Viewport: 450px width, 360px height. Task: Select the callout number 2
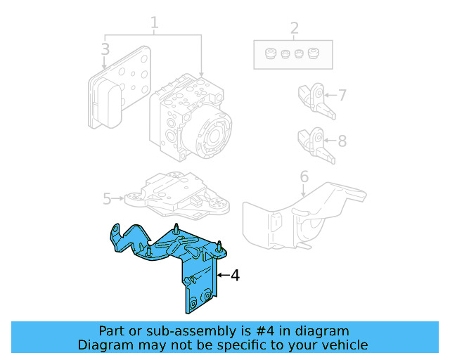point(294,29)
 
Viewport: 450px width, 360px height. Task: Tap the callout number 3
point(105,49)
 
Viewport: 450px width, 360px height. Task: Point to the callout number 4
point(235,276)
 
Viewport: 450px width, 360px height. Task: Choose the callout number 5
point(107,199)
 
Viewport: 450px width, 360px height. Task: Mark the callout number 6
point(304,176)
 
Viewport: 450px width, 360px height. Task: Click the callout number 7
point(342,95)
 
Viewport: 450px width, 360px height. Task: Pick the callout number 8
point(342,141)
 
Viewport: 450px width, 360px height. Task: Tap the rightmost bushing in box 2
point(314,53)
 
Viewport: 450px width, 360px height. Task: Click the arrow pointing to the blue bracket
point(222,276)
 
